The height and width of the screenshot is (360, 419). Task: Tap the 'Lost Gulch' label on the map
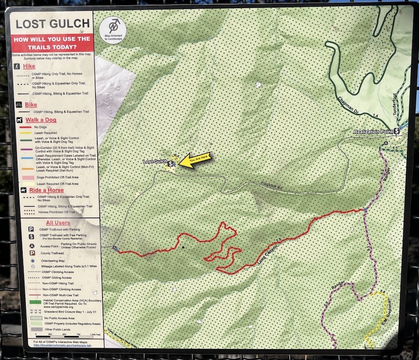click(x=155, y=162)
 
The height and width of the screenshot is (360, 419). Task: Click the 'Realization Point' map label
click(x=373, y=132)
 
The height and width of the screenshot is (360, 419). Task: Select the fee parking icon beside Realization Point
click(x=397, y=131)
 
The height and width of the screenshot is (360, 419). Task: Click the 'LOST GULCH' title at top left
click(x=52, y=24)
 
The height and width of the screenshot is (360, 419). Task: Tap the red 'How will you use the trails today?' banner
click(x=52, y=43)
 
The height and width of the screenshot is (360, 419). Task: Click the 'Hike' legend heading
click(x=29, y=67)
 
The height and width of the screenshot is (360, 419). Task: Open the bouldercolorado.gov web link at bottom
click(x=62, y=345)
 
